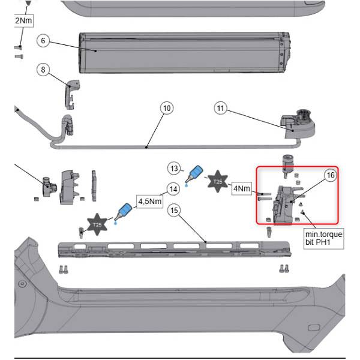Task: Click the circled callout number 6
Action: point(42,41)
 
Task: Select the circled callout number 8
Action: point(42,70)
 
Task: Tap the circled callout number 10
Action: point(167,108)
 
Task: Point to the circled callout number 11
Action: point(221,108)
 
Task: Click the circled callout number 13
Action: point(175,167)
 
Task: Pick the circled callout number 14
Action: point(173,189)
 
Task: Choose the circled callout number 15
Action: point(175,211)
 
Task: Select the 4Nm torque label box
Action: point(242,188)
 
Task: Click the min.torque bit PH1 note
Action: point(323,239)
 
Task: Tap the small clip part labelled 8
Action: point(71,91)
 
